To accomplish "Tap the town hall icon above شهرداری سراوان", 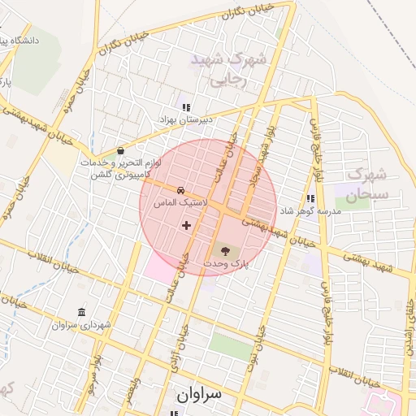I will point(80,313).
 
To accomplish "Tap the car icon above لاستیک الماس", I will point(180,188).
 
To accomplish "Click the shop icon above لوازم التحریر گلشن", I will point(120,150).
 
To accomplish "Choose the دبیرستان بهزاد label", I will point(185,119).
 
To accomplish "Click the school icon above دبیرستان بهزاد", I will point(186,106).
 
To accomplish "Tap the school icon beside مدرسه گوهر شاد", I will point(310,197).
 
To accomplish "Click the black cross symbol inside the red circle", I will point(187,224).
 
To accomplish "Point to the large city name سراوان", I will point(198,395).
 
